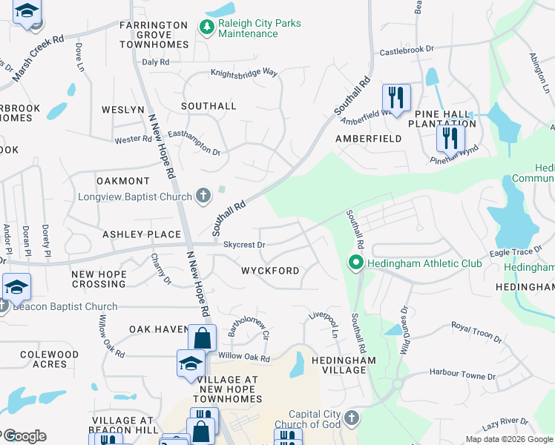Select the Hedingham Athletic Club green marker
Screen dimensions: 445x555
[356, 263]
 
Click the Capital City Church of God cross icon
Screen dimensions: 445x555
[352, 418]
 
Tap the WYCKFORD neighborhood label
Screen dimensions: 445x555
[270, 271]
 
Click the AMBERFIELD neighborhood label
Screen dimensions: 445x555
[369, 139]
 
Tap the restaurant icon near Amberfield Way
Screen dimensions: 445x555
[395, 97]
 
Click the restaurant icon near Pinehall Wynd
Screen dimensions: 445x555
[450, 137]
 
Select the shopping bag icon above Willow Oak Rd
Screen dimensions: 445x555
[202, 338]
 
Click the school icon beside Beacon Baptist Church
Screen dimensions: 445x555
[16, 287]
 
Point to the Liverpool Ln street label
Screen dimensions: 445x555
[324, 327]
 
